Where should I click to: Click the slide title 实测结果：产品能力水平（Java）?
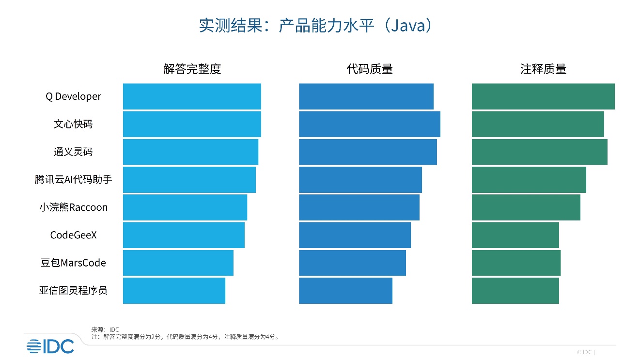click(315, 26)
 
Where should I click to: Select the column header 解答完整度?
click(192, 69)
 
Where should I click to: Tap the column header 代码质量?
click(369, 69)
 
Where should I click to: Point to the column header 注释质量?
click(543, 69)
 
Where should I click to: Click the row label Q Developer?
click(73, 96)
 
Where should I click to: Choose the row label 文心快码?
click(73, 124)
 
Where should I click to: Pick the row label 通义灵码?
click(73, 152)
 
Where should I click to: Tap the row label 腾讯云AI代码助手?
click(73, 180)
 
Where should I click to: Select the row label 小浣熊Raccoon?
click(73, 207)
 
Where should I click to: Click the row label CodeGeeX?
click(73, 235)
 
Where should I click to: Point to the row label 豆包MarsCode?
click(73, 263)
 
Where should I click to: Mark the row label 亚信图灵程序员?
click(73, 291)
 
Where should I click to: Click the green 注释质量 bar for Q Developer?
click(543, 96)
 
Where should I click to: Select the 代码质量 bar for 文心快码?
click(369, 124)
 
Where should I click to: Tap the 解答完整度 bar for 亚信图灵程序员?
click(174, 291)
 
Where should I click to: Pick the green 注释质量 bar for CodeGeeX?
click(515, 235)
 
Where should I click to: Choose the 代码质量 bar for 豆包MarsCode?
click(352, 263)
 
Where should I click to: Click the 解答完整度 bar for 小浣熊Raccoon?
click(185, 207)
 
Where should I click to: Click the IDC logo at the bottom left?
click(50, 346)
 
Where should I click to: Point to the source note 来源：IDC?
click(105, 329)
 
